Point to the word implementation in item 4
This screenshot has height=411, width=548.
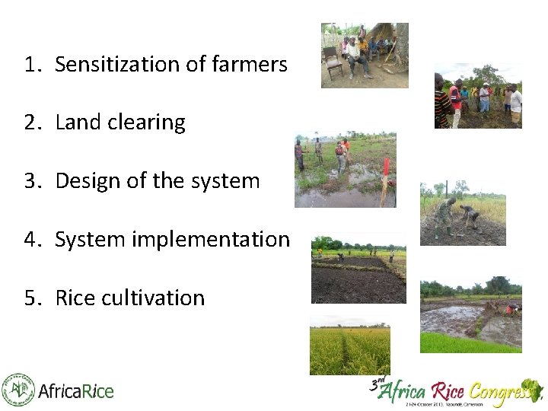click(x=211, y=240)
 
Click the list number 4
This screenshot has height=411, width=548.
click(x=30, y=240)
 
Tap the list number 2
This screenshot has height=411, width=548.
click(x=30, y=123)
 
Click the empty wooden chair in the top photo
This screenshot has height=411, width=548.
click(x=333, y=62)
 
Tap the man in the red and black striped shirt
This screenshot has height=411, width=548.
click(x=442, y=103)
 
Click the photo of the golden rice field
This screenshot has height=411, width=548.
click(x=349, y=350)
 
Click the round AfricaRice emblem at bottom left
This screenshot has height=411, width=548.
click(x=18, y=390)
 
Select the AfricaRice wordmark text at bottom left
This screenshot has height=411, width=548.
click(x=75, y=392)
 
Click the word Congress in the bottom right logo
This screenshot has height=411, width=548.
click(x=503, y=392)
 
